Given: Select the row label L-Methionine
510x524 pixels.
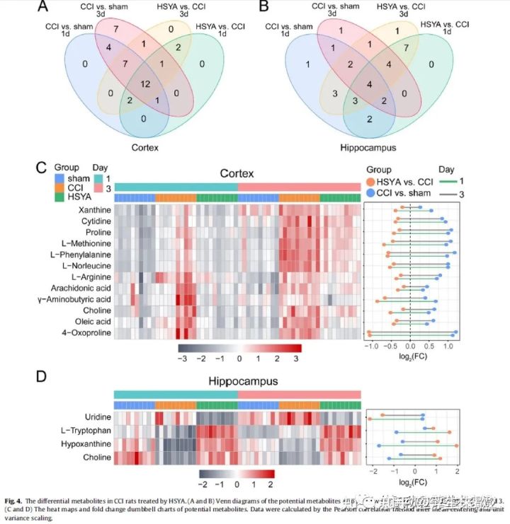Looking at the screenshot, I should coord(81,243).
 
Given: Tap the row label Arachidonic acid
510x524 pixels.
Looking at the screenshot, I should coord(81,288).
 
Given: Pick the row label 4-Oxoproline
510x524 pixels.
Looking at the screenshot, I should coord(84,332).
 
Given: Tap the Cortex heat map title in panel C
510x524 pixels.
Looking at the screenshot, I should coord(237,173).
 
